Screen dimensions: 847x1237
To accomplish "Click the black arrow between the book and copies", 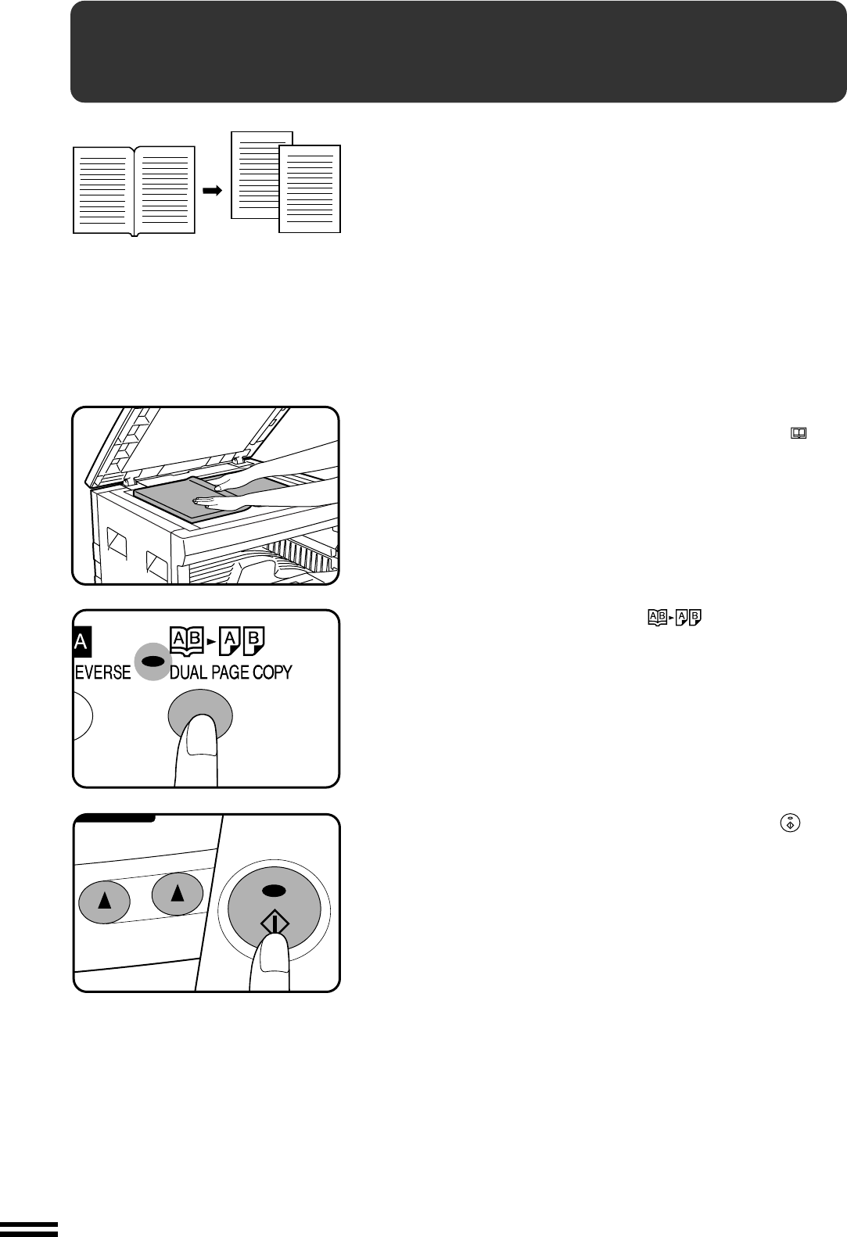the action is pos(212,191).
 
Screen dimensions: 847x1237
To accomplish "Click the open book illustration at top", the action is pos(135,191).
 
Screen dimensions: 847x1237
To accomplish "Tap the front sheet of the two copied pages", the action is pos(310,189).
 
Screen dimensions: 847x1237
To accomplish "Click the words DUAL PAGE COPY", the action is pos(231,672).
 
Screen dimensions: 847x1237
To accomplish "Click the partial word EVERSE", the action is pos(102,672).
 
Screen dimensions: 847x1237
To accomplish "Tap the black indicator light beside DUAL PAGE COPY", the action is pos(153,661).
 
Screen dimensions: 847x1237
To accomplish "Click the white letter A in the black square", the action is pos(81,642).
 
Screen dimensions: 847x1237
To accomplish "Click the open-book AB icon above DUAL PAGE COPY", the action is pos(187,640).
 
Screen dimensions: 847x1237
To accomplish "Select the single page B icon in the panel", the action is pos(253,640).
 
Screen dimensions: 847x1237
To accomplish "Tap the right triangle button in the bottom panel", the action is pos(178,894).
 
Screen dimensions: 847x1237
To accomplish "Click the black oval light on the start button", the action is pos(274,890).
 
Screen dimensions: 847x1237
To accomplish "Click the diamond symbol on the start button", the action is pos(274,923).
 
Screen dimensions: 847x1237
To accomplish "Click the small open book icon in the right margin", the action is pos(799,433).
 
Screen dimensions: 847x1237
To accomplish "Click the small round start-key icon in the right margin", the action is pos(790,823).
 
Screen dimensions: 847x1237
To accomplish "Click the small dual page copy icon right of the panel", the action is pos(675,618).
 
